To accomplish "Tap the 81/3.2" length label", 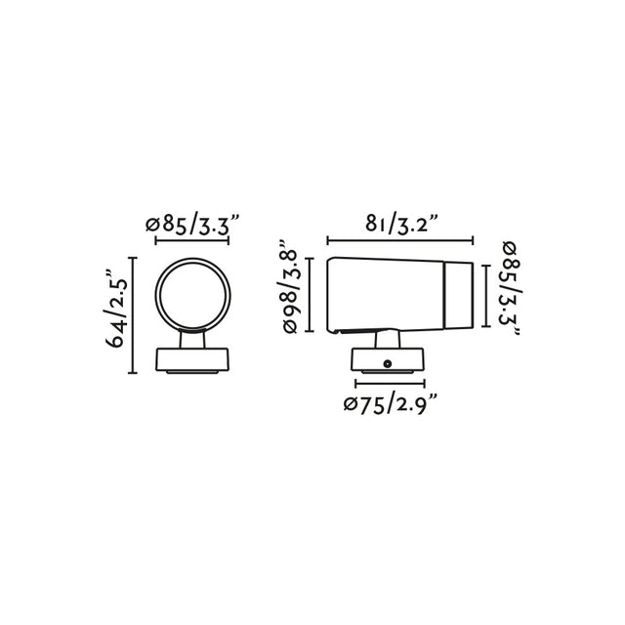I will point(399,225).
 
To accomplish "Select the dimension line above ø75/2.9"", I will point(389,384).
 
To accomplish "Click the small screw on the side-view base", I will point(388,364).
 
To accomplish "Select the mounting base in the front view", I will point(193,360).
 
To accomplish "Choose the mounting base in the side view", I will point(388,360).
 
